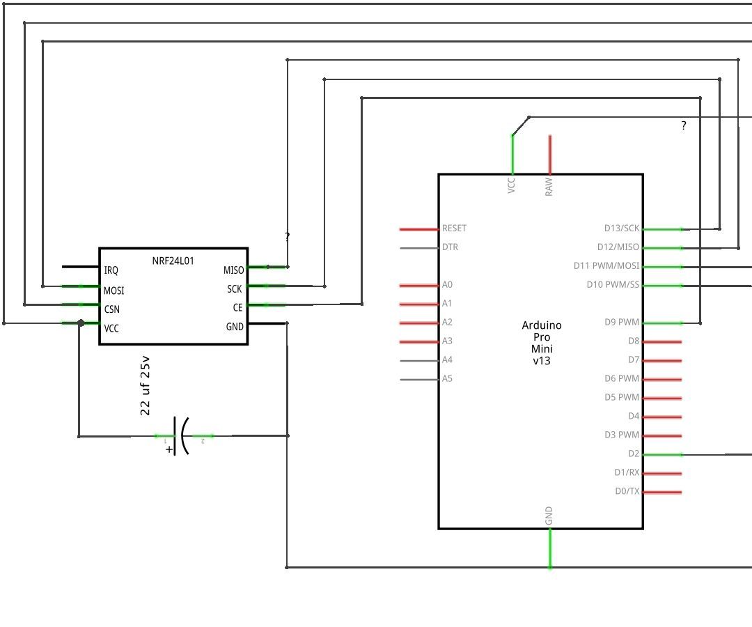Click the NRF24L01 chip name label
tap(173, 261)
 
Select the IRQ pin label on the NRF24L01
tap(111, 270)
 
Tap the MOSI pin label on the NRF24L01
tap(114, 291)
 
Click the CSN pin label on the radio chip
tap(113, 309)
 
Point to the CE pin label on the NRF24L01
tap(237, 307)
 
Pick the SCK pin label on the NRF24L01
tap(234, 288)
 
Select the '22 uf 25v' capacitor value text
tap(146, 386)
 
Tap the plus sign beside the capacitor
tap(169, 449)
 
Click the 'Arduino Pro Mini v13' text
tap(541, 343)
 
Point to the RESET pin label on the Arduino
tap(454, 229)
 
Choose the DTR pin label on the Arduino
tap(450, 247)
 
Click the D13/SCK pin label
tap(621, 229)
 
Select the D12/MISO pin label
tap(618, 247)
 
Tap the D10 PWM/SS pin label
tap(613, 285)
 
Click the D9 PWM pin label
tap(622, 323)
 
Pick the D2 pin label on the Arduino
tap(633, 454)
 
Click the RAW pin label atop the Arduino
tap(549, 186)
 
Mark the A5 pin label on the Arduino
tap(447, 379)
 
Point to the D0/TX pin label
tap(627, 491)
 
